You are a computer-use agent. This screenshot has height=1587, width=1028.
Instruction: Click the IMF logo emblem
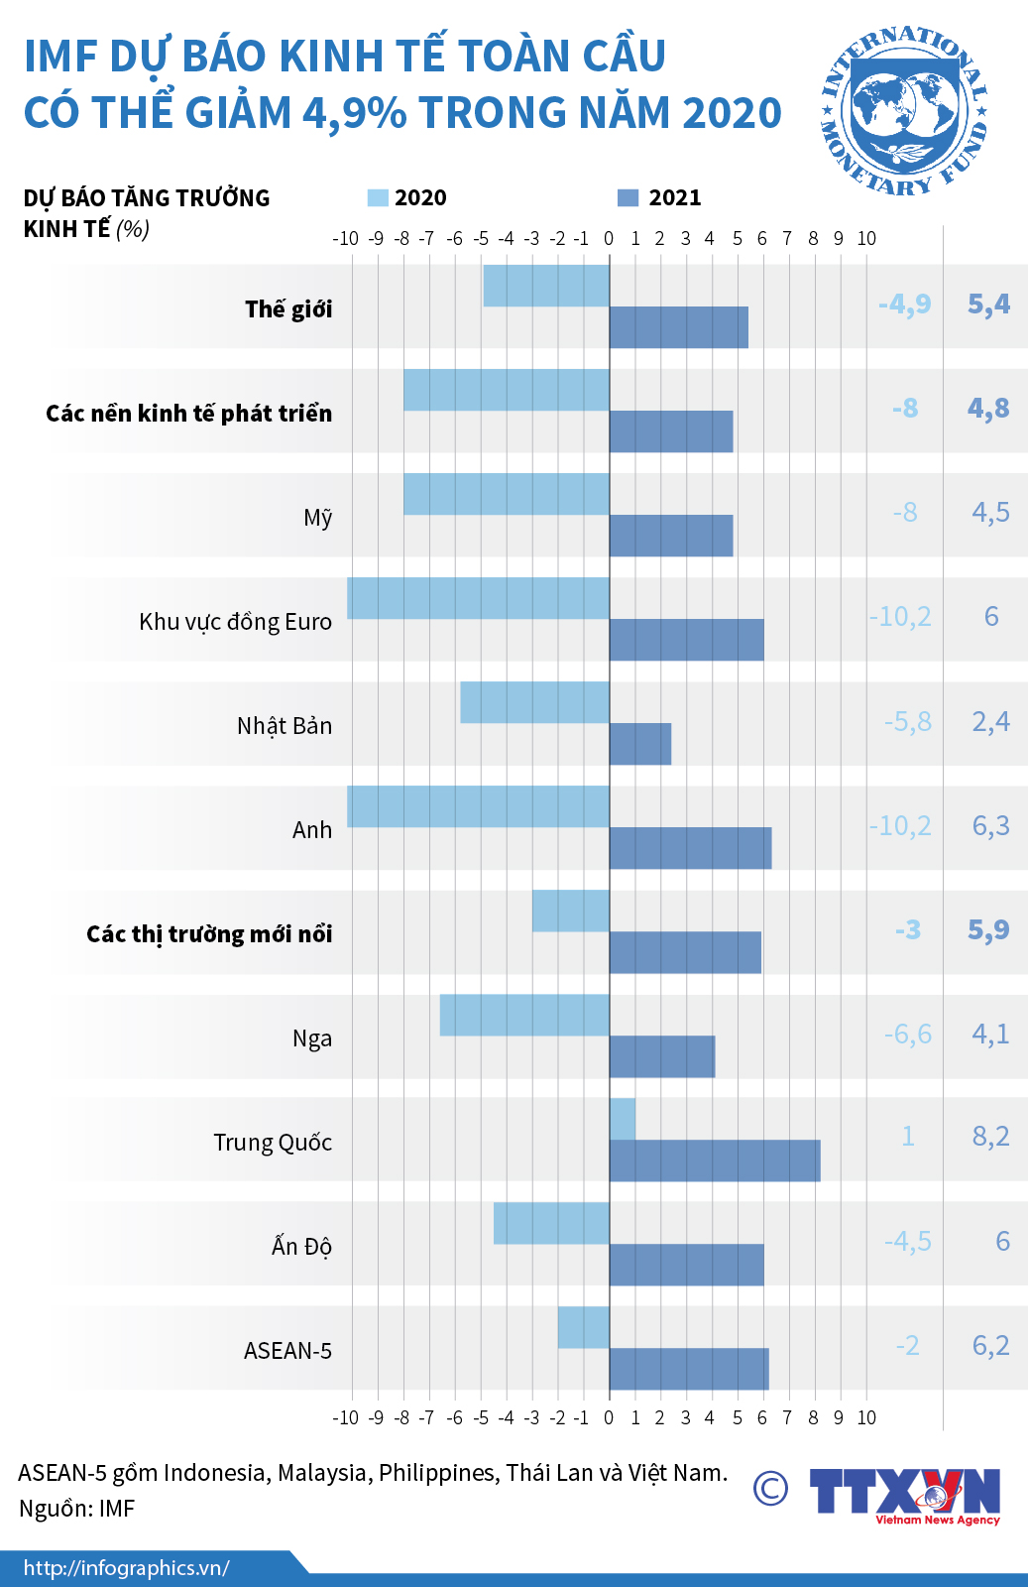904,110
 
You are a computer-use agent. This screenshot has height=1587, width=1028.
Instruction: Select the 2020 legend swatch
378,197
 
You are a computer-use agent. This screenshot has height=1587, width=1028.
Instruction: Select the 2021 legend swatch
628,197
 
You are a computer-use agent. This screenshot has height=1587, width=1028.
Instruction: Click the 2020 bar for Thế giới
546,286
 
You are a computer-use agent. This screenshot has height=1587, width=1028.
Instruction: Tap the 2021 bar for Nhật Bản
640,744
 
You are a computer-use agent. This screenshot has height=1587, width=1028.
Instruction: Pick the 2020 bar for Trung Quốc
623,1119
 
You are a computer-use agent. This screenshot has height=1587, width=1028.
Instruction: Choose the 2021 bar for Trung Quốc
715,1160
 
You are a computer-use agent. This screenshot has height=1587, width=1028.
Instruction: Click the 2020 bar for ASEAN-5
584,1327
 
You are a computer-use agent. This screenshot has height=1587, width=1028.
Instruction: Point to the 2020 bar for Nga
524,1015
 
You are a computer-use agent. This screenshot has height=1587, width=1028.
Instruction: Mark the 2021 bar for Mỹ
671,536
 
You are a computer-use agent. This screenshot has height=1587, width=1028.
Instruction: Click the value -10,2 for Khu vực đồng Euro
900,617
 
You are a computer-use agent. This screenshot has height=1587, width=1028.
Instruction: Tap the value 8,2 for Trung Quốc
990,1137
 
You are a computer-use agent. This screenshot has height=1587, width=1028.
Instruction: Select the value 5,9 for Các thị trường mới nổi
988,929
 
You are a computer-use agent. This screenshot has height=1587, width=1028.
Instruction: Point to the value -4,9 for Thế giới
904,304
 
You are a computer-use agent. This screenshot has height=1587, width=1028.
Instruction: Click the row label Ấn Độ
301,1246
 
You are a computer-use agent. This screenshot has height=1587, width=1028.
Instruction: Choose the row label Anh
312,829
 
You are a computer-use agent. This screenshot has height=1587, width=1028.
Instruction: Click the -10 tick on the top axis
345,238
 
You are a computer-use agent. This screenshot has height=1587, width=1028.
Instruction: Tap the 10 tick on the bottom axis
866,1417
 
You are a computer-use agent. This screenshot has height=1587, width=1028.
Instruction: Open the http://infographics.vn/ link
127,1568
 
